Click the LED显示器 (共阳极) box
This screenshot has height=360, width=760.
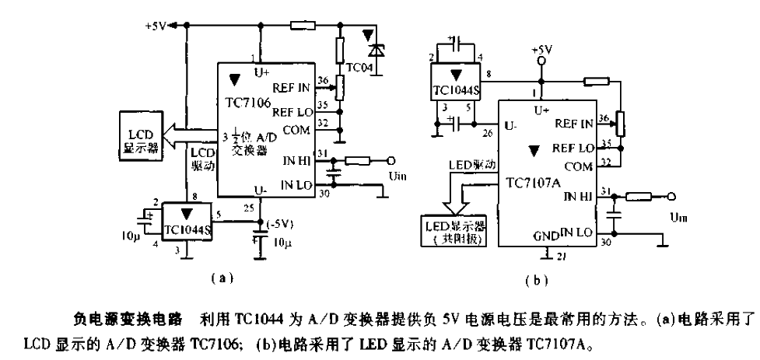point(452,231)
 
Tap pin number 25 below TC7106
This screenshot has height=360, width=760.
point(248,208)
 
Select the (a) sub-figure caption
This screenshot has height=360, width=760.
point(219,276)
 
